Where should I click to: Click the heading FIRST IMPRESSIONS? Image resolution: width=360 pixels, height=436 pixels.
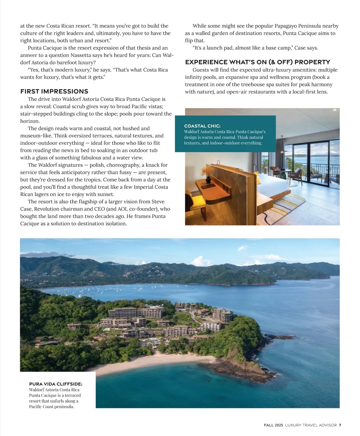click(x=54, y=91)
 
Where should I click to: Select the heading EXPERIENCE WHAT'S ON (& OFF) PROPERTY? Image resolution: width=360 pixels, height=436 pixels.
click(x=257, y=62)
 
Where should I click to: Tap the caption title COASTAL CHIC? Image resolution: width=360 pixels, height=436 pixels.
click(x=204, y=126)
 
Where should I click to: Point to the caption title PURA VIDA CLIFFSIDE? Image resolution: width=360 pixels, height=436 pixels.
click(x=55, y=384)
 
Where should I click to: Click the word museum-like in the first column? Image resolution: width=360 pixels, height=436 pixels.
click(x=36, y=136)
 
